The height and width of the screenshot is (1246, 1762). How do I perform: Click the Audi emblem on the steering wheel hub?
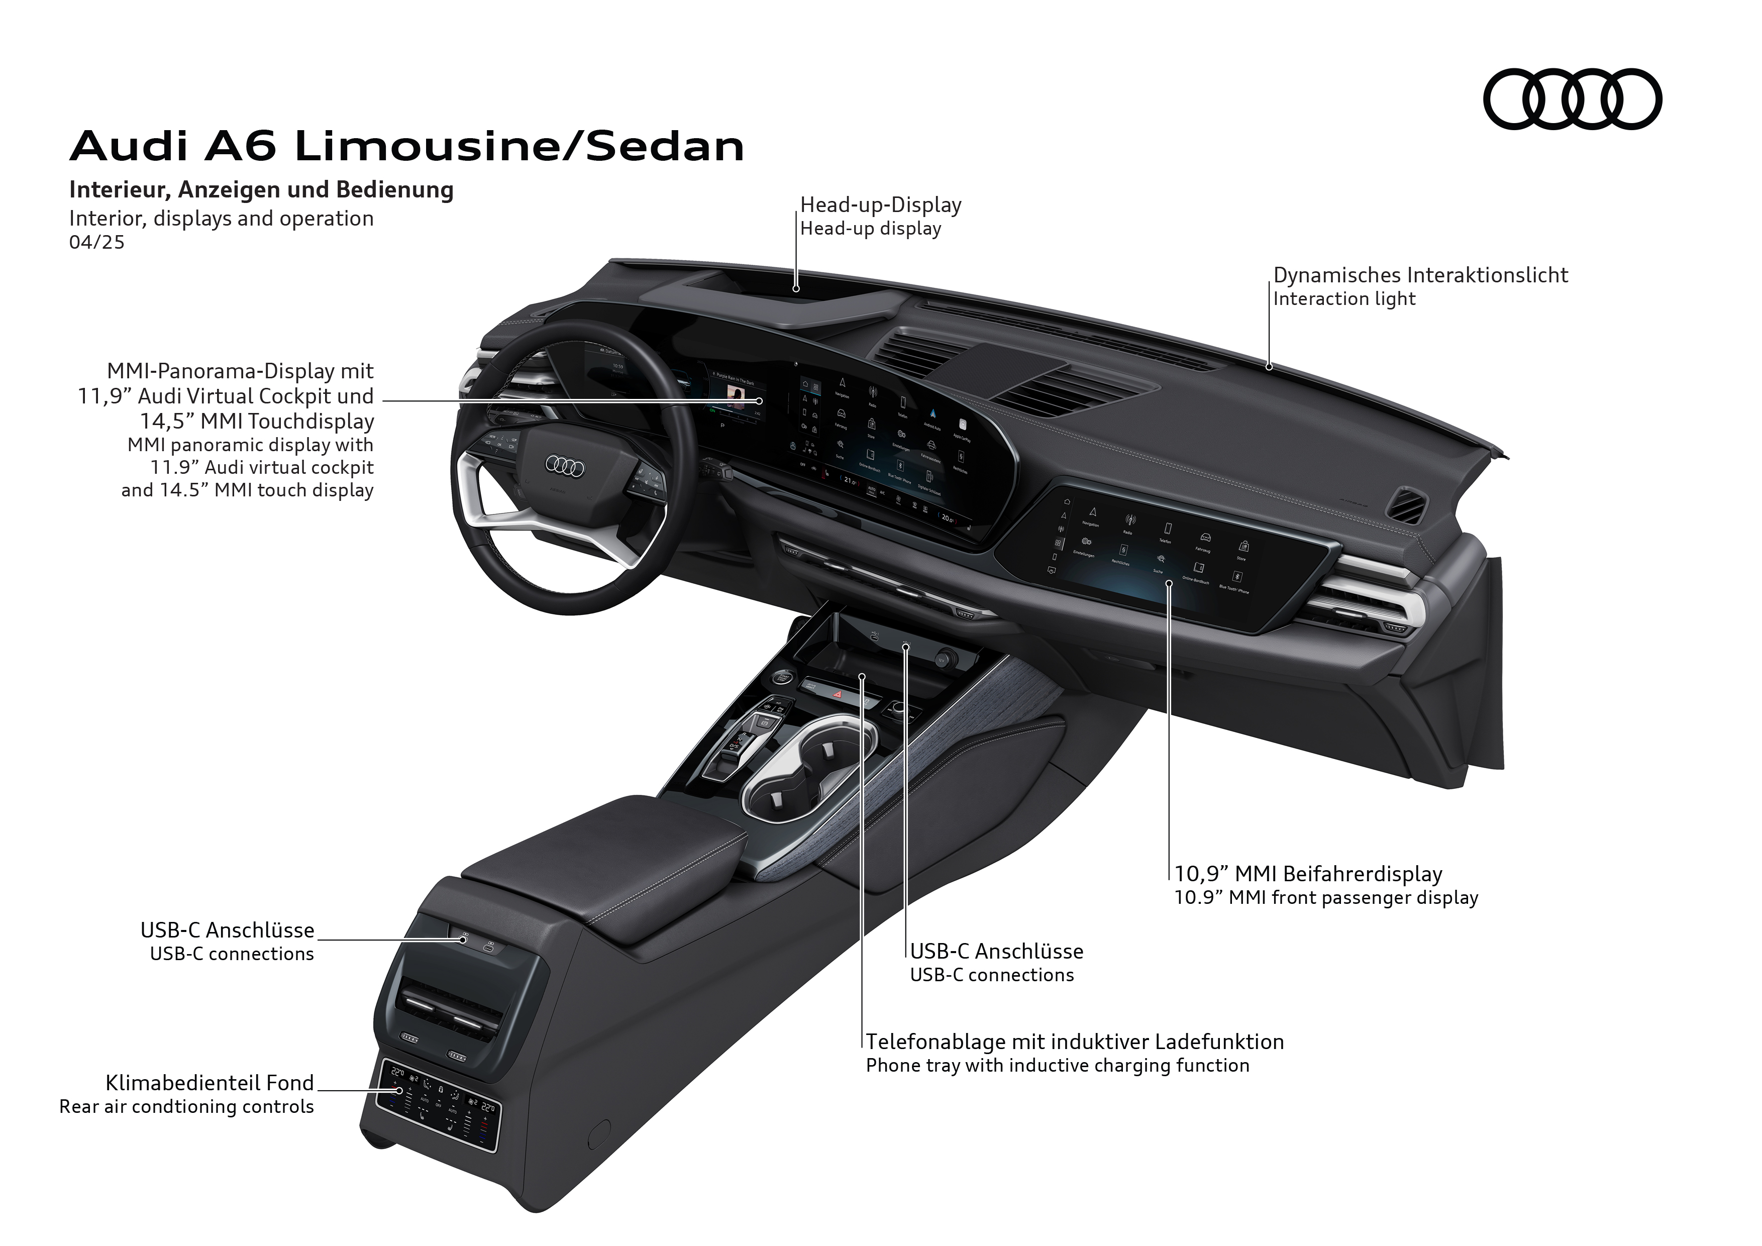tap(565, 466)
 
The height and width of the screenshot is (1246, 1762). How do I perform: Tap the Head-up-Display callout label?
tap(880, 205)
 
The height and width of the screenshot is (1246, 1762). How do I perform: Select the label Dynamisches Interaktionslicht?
tap(1420, 275)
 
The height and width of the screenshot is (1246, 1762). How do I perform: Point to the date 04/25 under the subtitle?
tap(96, 243)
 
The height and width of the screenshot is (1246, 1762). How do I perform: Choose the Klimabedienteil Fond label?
tap(210, 1083)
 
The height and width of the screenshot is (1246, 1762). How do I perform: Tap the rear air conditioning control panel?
tap(438, 1109)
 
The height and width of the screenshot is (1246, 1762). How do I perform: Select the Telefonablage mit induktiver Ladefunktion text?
tap(1074, 1042)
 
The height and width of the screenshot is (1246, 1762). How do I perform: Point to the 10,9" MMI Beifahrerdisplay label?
tap(1308, 874)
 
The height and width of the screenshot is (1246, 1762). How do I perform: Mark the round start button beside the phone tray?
tap(782, 677)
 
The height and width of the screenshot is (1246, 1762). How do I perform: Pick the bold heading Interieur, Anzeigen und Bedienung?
tap(261, 189)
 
